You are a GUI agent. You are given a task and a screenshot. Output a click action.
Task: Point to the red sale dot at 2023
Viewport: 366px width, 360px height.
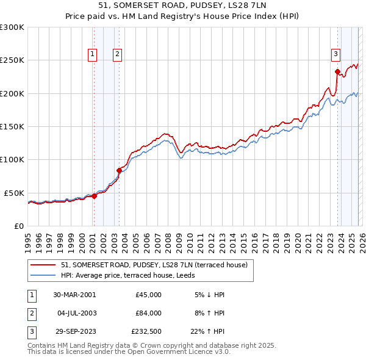pyautogui.click(x=337, y=71)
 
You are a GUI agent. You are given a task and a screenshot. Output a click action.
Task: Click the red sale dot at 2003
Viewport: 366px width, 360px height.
pyautogui.click(x=119, y=170)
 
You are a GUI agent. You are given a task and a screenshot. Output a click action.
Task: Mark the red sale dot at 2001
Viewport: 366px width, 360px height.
pyautogui.click(x=94, y=196)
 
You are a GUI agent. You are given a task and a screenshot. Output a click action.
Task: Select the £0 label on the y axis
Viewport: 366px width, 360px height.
pyautogui.click(x=18, y=226)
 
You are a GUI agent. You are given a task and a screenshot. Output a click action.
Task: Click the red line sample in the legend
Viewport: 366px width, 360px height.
pyautogui.click(x=43, y=265)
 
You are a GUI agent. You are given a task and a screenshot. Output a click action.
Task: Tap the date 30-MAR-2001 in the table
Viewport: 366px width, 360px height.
pyautogui.click(x=74, y=295)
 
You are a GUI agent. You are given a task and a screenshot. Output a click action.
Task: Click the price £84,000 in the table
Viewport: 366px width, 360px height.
pyautogui.click(x=148, y=313)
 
